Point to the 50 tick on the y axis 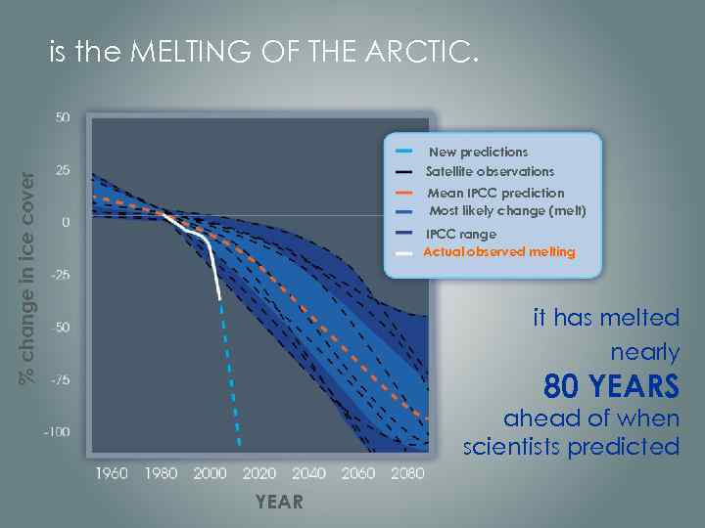(x=62, y=117)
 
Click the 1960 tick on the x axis (x=112, y=473)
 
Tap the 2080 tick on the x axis (x=407, y=473)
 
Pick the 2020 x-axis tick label (x=259, y=473)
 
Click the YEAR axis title (x=279, y=502)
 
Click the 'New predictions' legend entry (x=478, y=152)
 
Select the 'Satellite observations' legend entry (x=490, y=171)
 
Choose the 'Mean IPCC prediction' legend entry (x=495, y=193)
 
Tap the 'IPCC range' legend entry (x=461, y=234)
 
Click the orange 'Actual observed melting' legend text (x=499, y=251)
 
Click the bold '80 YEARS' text (x=611, y=387)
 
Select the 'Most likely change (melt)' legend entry (x=507, y=211)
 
